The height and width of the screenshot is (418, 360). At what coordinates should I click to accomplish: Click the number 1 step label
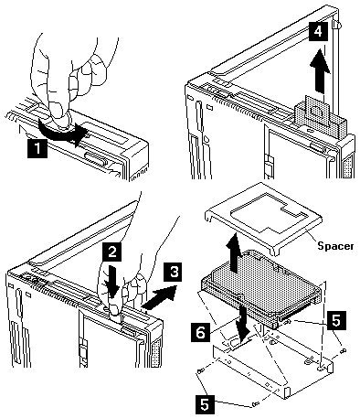coord(37,148)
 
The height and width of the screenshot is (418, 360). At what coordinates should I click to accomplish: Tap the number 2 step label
coord(112,252)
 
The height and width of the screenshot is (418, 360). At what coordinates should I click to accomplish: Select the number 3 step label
coord(174,273)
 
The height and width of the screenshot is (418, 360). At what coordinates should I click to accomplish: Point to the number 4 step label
coord(318,31)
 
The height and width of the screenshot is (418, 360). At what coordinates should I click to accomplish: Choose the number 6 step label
coord(200,333)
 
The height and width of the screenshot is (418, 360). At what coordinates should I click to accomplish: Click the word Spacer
coord(335,246)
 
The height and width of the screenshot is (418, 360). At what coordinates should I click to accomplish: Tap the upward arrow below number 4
coord(320,70)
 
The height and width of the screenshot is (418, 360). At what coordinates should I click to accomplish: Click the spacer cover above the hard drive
coord(263,219)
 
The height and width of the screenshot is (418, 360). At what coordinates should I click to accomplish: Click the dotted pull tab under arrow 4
coord(317,113)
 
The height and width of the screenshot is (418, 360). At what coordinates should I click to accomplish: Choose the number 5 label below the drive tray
coord(205,405)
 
